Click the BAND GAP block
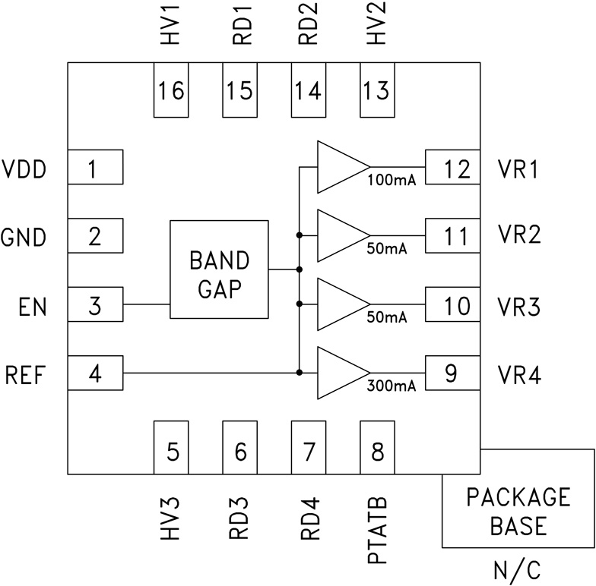[x=219, y=269]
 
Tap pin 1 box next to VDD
[x=95, y=167]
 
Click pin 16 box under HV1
[x=171, y=90]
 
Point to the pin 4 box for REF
[x=95, y=373]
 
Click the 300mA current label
[x=392, y=386]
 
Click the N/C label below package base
[x=517, y=569]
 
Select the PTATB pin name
[x=378, y=531]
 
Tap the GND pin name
[x=23, y=237]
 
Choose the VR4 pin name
[x=518, y=374]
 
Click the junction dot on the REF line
[x=300, y=372]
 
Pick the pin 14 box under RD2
[x=308, y=90]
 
